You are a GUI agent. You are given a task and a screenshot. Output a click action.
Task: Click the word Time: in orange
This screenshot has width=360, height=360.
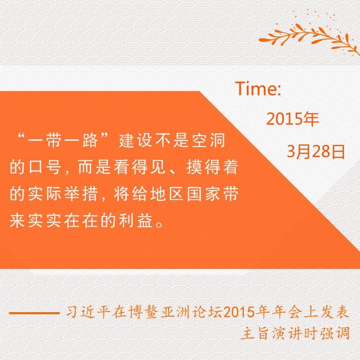click(258, 88)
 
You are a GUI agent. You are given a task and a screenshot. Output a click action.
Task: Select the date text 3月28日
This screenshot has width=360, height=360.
click(316, 152)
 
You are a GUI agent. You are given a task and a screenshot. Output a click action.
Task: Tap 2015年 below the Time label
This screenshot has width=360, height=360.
click(293, 119)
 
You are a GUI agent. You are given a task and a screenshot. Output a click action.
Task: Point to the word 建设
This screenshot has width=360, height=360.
click(135, 140)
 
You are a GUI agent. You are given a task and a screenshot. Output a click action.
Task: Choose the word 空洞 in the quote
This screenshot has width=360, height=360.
click(208, 140)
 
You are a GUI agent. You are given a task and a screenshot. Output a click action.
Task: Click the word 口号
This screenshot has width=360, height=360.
click(45, 167)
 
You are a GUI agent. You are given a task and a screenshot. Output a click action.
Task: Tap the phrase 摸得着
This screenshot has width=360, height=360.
click(212, 167)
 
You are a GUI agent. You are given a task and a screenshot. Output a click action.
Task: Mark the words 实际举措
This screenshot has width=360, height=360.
click(63, 194)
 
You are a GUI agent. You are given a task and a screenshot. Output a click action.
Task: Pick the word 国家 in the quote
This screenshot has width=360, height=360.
click(204, 194)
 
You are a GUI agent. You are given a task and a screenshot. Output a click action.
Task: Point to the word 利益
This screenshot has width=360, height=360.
click(136, 221)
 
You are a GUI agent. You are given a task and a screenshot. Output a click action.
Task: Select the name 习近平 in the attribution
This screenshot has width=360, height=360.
click(86, 312)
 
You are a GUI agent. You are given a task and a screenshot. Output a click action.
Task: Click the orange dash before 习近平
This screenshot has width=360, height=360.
click(34, 313)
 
